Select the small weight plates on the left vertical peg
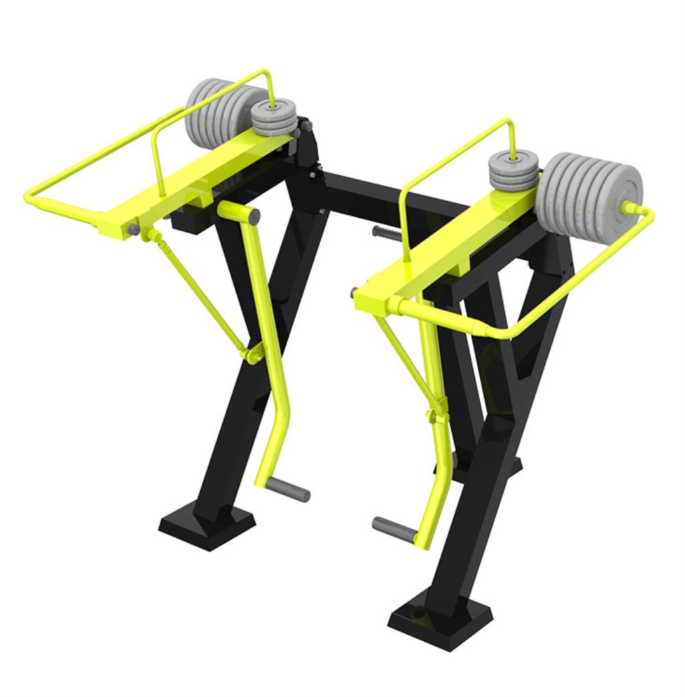pos(275,119)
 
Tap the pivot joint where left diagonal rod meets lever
pos(252,355)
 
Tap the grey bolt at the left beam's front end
pos(134,229)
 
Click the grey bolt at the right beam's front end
pos(353,292)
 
